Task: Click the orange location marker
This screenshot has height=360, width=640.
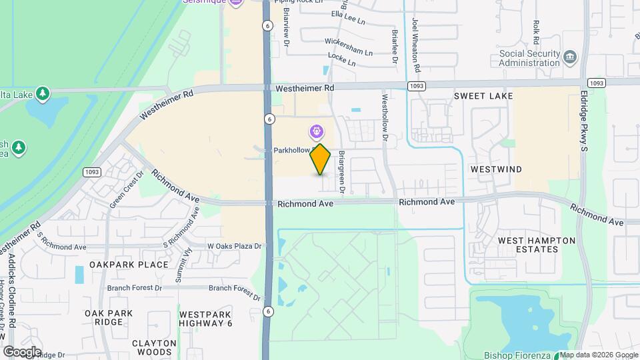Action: pos(321,159)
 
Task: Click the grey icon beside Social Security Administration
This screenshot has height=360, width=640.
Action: pos(569,56)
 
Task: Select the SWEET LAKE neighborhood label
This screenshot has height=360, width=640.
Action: pos(483,96)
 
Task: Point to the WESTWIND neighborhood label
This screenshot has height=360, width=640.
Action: pos(496,169)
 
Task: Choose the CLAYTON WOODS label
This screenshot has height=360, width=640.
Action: pos(154,347)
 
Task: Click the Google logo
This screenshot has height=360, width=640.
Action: pos(21,352)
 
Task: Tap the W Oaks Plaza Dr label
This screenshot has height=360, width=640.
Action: pos(234,246)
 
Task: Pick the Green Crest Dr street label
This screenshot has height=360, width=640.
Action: pos(127,190)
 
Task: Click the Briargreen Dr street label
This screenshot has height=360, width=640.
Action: pos(341,173)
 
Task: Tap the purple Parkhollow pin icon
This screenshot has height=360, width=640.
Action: pos(315,131)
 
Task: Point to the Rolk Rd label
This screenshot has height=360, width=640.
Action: pos(536,27)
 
